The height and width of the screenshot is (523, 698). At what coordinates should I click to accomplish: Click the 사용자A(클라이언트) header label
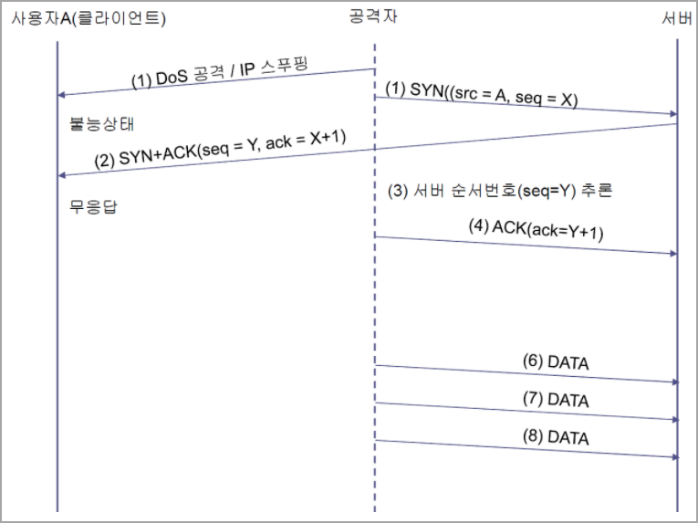[89, 18]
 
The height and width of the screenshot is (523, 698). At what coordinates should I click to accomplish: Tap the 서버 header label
[676, 18]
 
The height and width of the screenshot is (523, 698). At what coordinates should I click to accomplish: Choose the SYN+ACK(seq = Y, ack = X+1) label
[221, 149]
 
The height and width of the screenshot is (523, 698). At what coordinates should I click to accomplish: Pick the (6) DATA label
[555, 362]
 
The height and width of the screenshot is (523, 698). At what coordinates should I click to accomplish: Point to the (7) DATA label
[555, 400]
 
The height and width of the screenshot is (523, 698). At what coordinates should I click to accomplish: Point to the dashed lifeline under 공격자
[375, 301]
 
